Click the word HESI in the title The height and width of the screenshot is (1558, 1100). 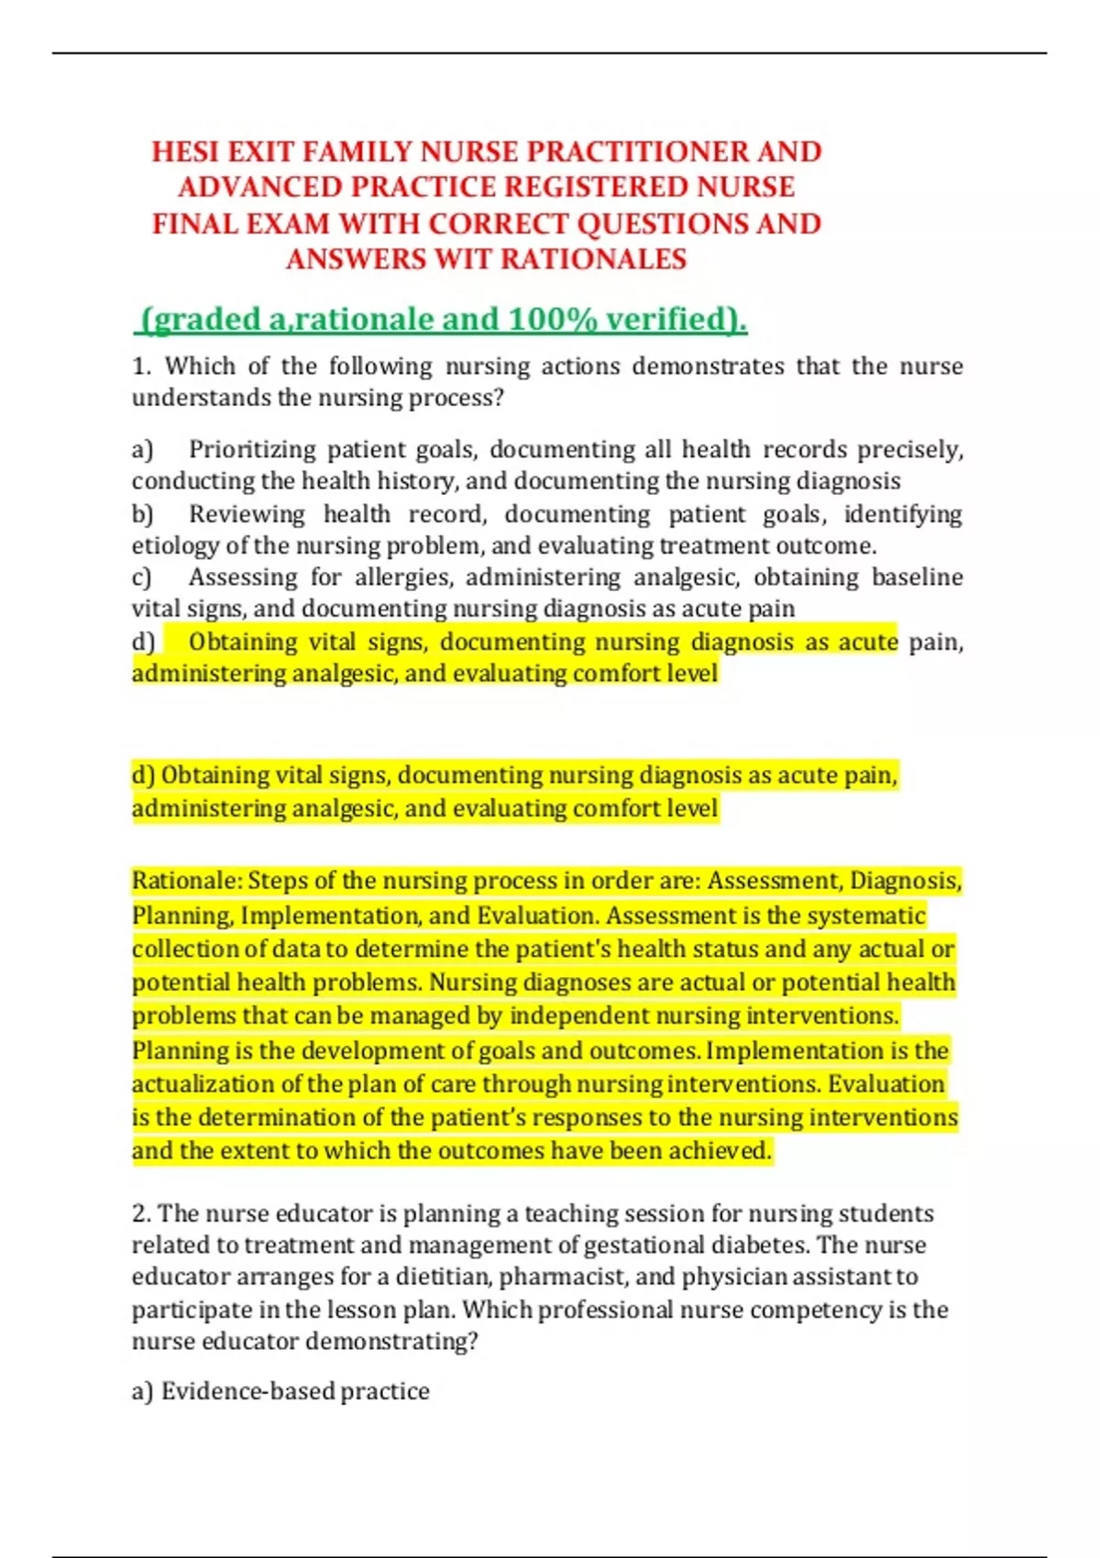184,151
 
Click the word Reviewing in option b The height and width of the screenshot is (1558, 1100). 247,514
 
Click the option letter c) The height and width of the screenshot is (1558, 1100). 141,577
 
